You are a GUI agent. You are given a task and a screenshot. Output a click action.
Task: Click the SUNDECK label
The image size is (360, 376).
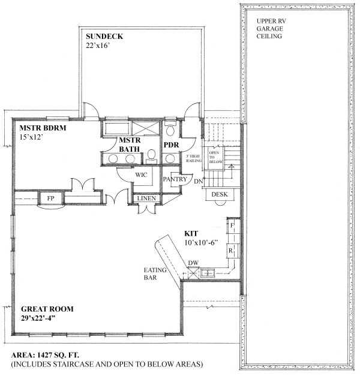coord(104,37)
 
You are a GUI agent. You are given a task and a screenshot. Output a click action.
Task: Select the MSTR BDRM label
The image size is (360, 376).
coord(41,128)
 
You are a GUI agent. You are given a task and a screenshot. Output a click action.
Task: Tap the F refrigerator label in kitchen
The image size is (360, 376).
coord(231,225)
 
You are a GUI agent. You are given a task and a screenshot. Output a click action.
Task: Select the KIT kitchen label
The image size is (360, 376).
coord(191,234)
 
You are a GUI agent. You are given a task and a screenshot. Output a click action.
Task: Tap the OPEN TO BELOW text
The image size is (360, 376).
coord(215,157)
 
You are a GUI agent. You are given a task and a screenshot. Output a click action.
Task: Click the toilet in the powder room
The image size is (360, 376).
coord(172,130)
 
